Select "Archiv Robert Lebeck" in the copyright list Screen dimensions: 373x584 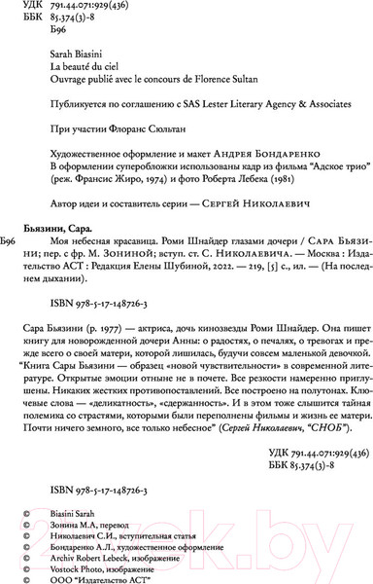pos(96,550)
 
